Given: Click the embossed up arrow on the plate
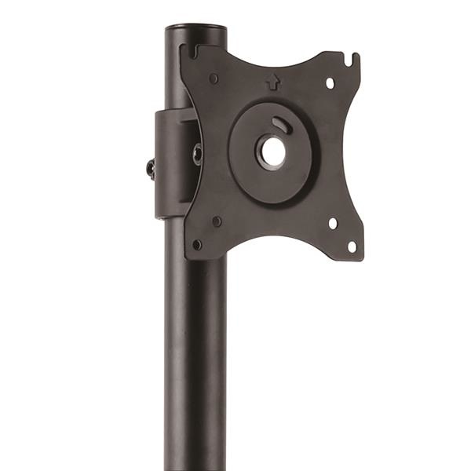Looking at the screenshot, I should coord(272,80).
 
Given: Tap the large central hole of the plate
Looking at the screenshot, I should coord(273,152).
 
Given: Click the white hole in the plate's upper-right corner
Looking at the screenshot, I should coord(330,82).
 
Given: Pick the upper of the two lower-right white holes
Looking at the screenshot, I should coord(333,224).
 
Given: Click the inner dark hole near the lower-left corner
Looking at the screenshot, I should coord(217,221).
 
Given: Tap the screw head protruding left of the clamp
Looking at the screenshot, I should coord(149,167).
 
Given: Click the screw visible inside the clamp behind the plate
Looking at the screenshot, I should coord(197,154).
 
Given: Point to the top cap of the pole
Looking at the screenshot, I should coord(195,29).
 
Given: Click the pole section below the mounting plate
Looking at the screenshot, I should coord(195,353).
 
